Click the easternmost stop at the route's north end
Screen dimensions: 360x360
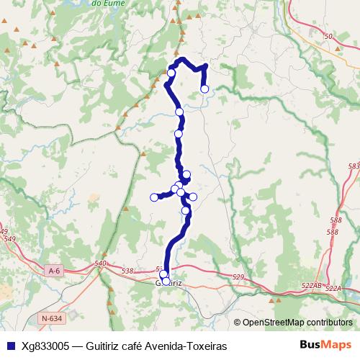[204, 89]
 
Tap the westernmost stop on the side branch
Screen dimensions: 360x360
[154, 197]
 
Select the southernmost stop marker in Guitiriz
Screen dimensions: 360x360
[166, 282]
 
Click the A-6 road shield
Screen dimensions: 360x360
[53, 270]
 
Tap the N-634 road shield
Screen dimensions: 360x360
[51, 318]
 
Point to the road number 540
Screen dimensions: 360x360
[101, 264]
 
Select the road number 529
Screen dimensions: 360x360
[239, 277]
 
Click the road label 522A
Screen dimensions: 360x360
[333, 288]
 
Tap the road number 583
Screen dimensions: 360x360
[353, 166]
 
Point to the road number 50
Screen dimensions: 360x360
[328, 36]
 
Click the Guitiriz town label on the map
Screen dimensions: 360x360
[171, 283]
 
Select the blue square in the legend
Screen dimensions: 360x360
[10, 346]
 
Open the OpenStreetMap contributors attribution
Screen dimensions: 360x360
[297, 322]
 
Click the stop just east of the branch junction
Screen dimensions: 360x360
[193, 197]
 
